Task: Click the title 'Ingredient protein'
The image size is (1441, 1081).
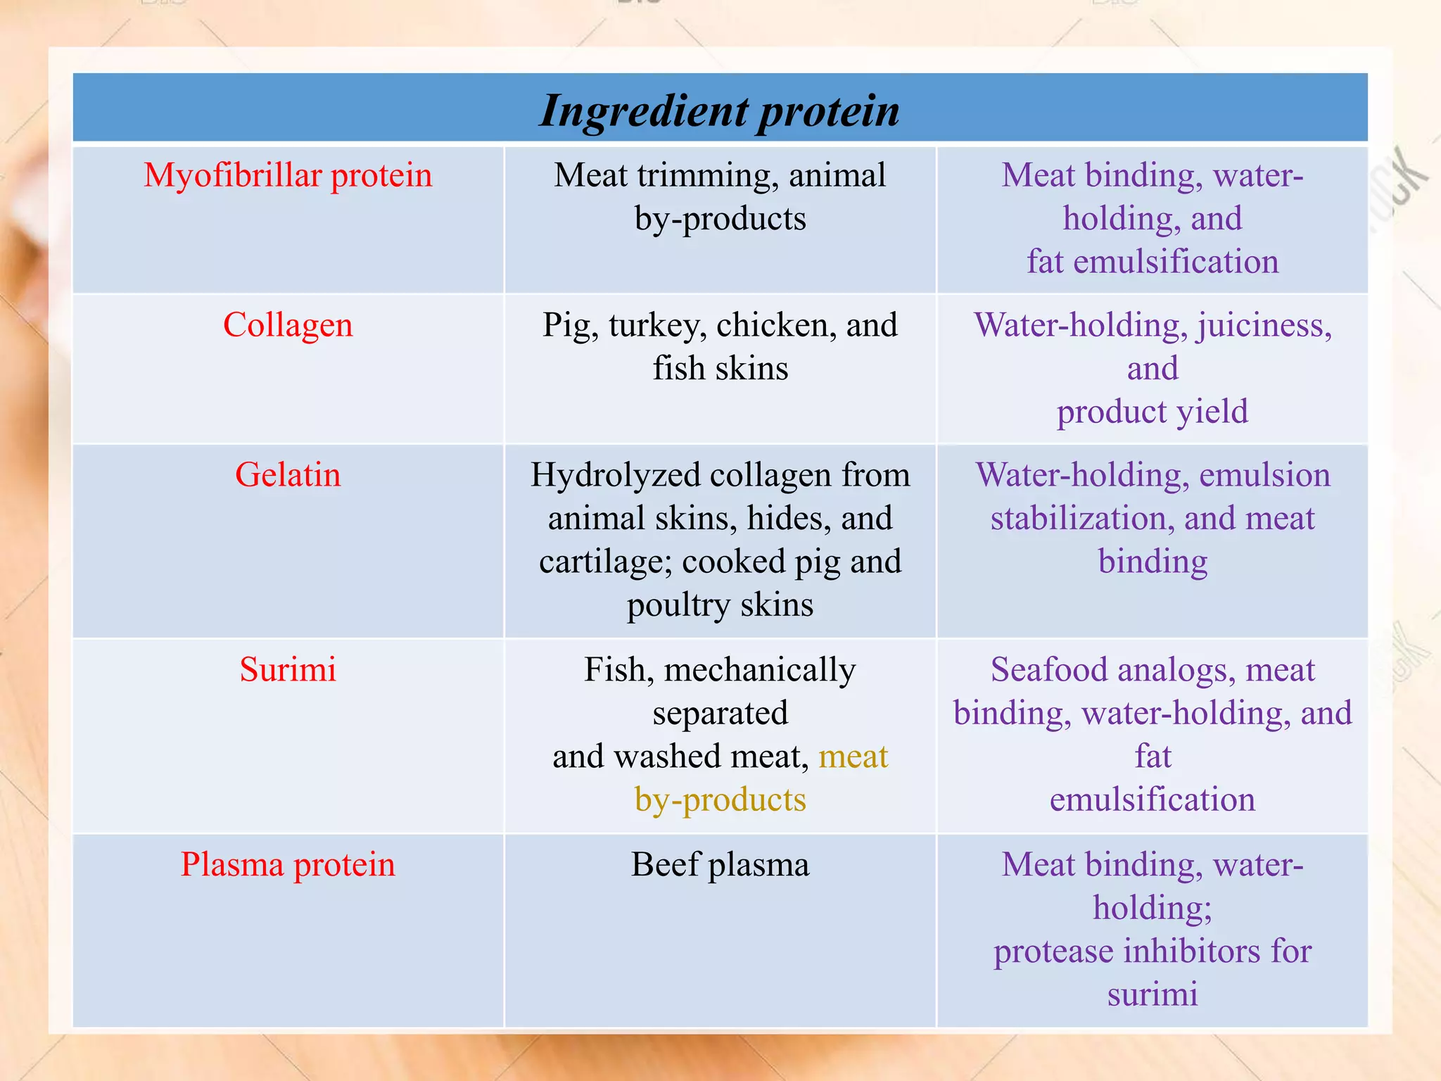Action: coord(719,110)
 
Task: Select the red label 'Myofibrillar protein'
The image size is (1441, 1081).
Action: coord(288,175)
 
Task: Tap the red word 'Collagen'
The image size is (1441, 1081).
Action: coord(288,325)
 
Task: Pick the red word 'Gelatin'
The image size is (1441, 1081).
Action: coord(288,474)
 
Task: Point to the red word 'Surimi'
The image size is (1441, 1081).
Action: coord(288,669)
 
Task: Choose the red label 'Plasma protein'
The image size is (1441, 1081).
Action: coord(288,864)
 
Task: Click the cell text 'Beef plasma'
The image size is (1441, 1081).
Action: coord(720,864)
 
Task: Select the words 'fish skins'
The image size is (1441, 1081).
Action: coord(720,368)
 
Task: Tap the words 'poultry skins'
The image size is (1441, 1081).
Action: coord(720,605)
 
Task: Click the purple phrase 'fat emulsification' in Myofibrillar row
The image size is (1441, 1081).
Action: coord(1153,261)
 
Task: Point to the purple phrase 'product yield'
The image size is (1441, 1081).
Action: coord(1153,412)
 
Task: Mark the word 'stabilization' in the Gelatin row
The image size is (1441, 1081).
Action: coord(1081,519)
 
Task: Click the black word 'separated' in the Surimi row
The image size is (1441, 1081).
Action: coord(720,713)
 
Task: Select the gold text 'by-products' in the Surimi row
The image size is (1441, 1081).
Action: coord(720,800)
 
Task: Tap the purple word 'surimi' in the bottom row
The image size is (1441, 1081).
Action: coord(1153,994)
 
